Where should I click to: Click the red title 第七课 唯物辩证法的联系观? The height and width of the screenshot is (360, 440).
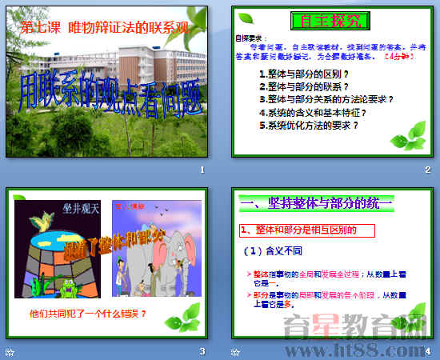click(x=104, y=27)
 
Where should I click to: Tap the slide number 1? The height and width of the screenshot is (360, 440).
click(x=202, y=170)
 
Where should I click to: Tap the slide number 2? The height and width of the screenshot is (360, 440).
click(x=427, y=170)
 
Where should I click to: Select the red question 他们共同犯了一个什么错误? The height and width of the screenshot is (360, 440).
click(x=87, y=313)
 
